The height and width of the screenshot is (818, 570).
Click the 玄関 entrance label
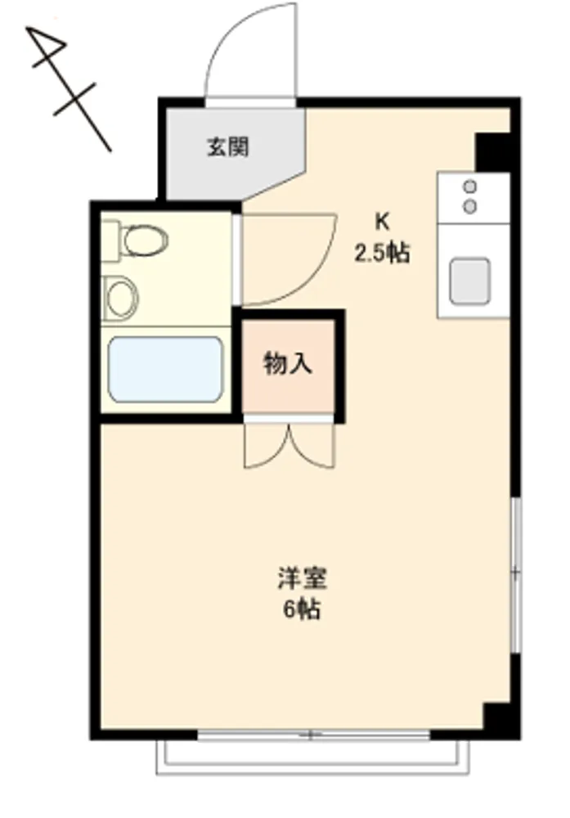tap(228, 146)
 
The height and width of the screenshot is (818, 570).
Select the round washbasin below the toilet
tap(120, 298)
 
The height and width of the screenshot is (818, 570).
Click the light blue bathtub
tap(165, 370)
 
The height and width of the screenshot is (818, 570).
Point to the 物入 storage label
tap(288, 363)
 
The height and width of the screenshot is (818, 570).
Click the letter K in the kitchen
tap(382, 222)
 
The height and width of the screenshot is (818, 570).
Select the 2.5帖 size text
tap(382, 254)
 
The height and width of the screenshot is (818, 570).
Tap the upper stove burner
tap(470, 187)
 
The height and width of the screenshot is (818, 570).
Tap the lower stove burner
tap(470, 207)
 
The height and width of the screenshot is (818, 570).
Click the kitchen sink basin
tap(470, 281)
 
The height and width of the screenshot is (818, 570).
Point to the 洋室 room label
tap(302, 578)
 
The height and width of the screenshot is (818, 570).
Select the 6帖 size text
tap(302, 609)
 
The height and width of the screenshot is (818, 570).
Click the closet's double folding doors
tap(289, 445)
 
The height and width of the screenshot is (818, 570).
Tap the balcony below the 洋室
tap(313, 757)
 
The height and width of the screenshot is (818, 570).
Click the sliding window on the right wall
tap(516, 574)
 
